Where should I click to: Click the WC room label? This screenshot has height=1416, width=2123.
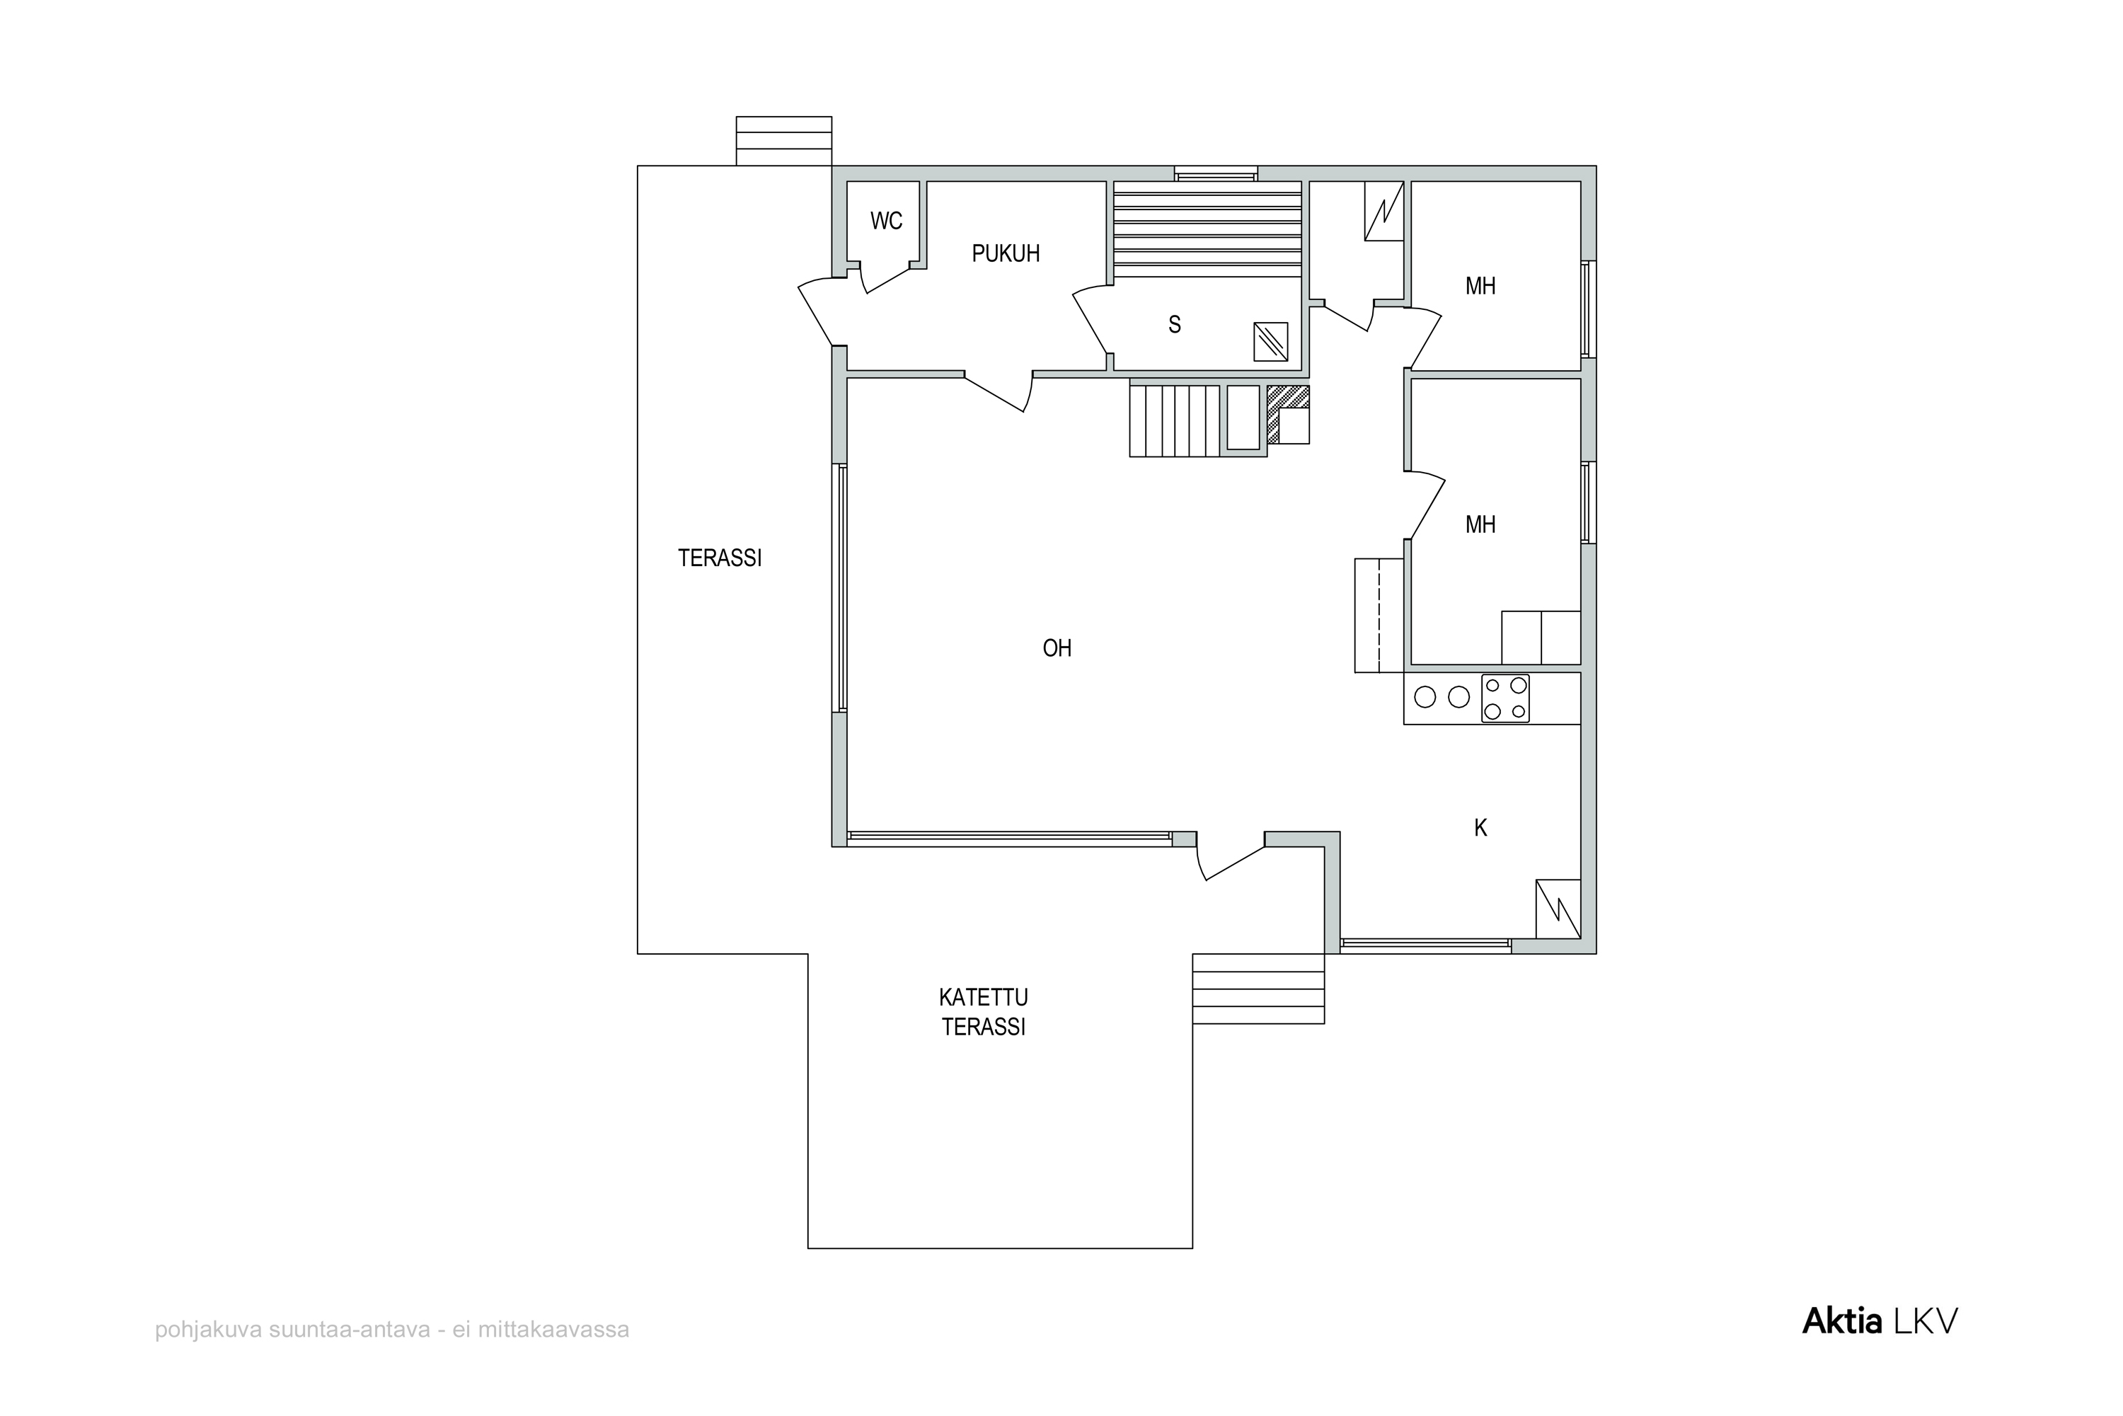coord(886,221)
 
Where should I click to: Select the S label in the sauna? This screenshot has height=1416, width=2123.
coord(1174,325)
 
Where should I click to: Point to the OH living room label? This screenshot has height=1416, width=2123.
coord(1057,647)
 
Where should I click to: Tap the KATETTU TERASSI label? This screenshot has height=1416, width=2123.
coord(984,1013)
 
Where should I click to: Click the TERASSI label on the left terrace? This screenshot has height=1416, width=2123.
coord(720,558)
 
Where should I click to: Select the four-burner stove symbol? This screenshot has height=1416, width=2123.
coord(1505,698)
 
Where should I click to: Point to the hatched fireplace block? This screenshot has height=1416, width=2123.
coord(1287,415)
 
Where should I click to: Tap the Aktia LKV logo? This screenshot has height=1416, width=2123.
coord(1880,1322)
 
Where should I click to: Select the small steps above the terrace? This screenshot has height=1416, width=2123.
coord(784,141)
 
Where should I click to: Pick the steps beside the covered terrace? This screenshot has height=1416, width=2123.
coord(1258,989)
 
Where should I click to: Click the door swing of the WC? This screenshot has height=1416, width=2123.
coord(885,277)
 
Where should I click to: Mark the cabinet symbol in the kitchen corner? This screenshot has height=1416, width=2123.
coord(1558,909)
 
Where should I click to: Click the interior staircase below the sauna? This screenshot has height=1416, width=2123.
coord(1174,421)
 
